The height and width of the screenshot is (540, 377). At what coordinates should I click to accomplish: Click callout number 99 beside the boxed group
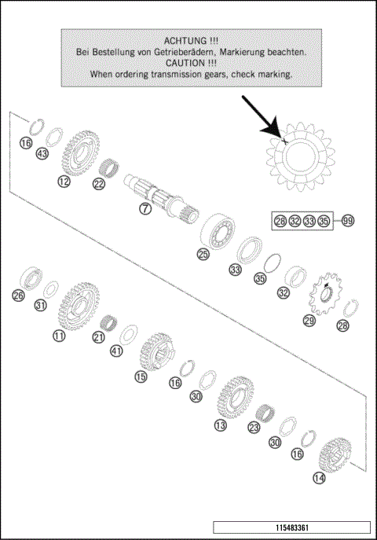coord(348,221)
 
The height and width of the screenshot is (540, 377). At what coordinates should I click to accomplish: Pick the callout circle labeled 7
coord(145,209)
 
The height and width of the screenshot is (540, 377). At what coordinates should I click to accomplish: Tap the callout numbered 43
coord(42,154)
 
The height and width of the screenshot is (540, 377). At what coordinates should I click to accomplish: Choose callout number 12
coord(64,181)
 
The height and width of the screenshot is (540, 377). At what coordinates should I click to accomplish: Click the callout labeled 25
coord(203,254)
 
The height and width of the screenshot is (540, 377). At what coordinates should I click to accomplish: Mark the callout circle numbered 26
coord(19,296)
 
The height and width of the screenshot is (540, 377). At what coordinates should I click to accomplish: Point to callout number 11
coord(59,336)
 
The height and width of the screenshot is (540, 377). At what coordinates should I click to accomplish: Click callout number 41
coord(116,351)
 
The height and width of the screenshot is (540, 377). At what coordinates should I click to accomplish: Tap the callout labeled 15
coord(141,377)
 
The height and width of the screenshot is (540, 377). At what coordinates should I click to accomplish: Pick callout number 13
coord(221,425)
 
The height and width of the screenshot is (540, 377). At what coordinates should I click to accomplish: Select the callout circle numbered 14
coord(318,477)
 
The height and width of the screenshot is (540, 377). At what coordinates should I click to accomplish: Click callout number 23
coord(254,428)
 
